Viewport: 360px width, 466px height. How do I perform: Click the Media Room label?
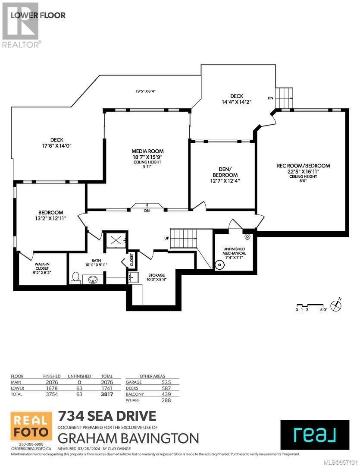(147, 151)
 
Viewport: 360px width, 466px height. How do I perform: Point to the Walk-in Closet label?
(42, 268)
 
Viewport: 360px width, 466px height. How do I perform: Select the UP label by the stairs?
(167, 238)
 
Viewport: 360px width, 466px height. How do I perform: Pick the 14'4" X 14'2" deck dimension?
(237, 102)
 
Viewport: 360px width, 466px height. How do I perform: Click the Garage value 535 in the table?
(166, 382)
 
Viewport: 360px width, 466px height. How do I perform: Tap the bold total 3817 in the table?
(107, 394)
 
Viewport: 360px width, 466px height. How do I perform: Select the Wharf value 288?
(166, 400)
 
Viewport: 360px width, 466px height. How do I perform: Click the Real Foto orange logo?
(31, 426)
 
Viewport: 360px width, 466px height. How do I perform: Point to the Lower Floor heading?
(38, 15)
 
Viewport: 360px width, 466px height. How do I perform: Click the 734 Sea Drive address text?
(107, 416)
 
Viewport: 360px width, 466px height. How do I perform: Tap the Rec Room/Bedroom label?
(303, 166)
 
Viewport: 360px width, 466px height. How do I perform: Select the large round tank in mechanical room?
(219, 265)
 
